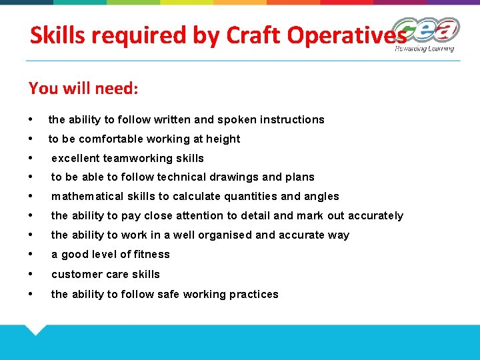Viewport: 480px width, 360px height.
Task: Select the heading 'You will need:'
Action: click(x=83, y=88)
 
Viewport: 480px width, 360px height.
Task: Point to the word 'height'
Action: click(x=223, y=139)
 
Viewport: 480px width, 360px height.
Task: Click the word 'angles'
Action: click(x=322, y=197)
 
